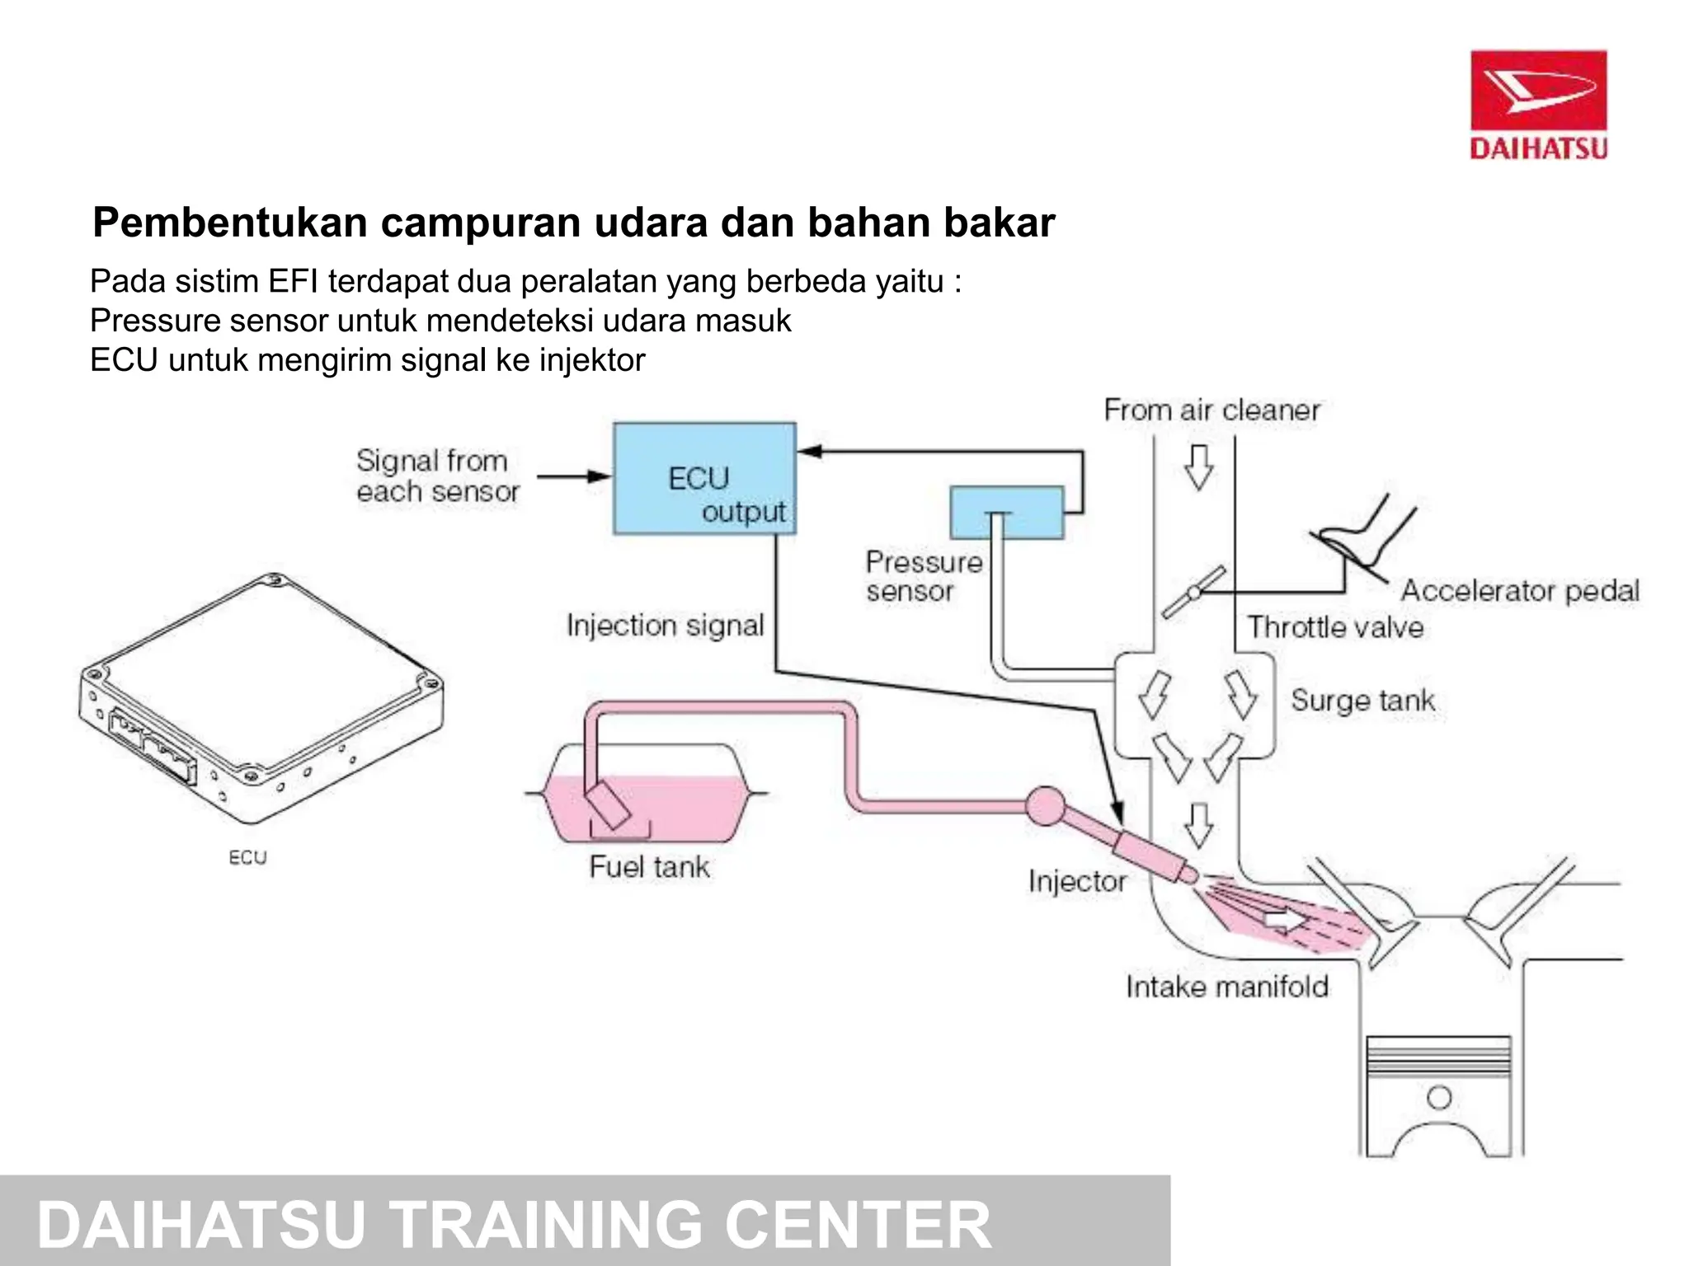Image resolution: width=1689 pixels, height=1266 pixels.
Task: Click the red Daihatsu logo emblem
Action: point(1538,90)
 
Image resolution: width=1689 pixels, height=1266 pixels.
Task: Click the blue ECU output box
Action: point(704,479)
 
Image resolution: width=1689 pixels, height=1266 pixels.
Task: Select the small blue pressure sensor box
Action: point(1006,513)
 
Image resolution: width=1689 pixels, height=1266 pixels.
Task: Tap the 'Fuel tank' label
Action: point(649,867)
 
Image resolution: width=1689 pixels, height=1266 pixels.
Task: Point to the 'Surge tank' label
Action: point(1362,701)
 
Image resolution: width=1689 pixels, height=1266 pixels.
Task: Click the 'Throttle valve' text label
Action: point(1334,627)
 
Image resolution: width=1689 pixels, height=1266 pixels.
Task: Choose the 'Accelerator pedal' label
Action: point(1519,590)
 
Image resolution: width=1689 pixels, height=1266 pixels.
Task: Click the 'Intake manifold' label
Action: point(1227,987)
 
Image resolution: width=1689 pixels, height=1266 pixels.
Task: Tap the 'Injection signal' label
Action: point(665,626)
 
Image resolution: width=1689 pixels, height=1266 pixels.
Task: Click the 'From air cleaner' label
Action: point(1211,410)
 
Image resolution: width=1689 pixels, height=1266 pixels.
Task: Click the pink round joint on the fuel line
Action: point(1046,805)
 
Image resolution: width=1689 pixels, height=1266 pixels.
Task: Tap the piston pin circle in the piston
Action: point(1439,1097)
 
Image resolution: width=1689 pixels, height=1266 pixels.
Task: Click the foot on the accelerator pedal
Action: point(1361,536)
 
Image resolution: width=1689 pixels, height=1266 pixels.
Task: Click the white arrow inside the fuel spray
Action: point(1283,920)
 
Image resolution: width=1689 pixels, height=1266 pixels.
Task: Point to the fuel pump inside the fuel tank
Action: point(609,804)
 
